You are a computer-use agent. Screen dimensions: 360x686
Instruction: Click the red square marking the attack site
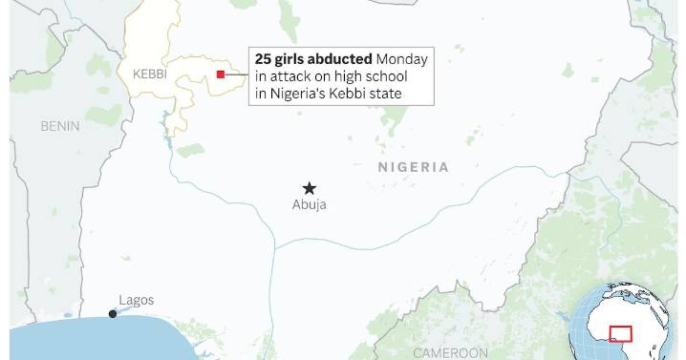(221, 74)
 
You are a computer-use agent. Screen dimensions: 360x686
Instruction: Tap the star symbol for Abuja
(309, 188)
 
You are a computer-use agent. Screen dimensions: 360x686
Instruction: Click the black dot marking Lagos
(113, 313)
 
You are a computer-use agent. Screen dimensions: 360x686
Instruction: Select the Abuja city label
(309, 205)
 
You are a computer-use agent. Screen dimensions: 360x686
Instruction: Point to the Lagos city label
(136, 300)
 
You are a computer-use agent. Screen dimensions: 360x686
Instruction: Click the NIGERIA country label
(413, 167)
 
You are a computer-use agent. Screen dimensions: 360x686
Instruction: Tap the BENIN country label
(59, 126)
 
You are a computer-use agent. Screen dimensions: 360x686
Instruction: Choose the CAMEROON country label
(450, 352)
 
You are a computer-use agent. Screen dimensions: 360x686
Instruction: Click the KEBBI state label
(149, 74)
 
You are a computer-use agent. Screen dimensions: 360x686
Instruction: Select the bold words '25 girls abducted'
(313, 59)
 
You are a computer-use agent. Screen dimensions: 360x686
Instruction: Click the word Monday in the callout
(402, 59)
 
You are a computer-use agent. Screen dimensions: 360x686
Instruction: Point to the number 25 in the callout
(263, 59)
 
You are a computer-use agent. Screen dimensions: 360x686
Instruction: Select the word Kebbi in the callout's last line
(353, 94)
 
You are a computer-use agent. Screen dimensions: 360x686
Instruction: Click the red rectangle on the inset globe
(621, 334)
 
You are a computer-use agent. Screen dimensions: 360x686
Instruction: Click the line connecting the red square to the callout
(237, 74)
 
